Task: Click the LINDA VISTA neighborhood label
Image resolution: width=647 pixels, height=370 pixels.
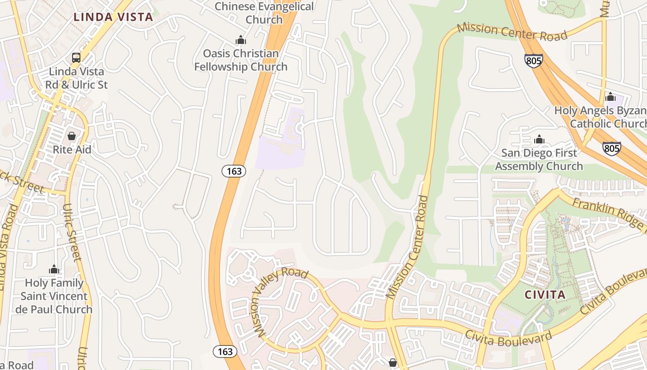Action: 113,17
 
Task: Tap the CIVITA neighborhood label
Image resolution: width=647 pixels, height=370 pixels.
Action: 545,295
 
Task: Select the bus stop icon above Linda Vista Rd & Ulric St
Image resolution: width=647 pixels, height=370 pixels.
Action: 76,58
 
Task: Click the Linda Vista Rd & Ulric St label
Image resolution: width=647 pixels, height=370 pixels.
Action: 76,78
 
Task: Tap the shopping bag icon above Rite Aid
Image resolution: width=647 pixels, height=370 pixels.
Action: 72,136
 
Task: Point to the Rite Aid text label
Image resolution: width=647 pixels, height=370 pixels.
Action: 72,150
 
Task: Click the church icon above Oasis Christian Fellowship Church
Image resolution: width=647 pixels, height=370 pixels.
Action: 240,40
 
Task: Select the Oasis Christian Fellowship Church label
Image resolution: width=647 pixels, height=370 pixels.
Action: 241,60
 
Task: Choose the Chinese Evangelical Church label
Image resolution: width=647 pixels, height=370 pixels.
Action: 264,13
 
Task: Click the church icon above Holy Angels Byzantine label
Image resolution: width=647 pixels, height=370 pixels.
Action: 610,97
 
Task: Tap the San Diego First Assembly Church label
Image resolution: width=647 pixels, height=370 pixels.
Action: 539,160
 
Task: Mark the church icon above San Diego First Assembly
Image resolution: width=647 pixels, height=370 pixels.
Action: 539,139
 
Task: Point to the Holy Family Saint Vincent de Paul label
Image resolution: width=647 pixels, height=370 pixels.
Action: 54,296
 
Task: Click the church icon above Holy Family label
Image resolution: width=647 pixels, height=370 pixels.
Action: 54,269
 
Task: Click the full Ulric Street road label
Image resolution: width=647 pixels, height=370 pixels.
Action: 73,233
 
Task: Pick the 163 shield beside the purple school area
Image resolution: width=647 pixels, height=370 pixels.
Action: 234,171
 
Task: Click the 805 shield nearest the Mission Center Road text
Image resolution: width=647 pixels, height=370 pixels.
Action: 533,61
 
